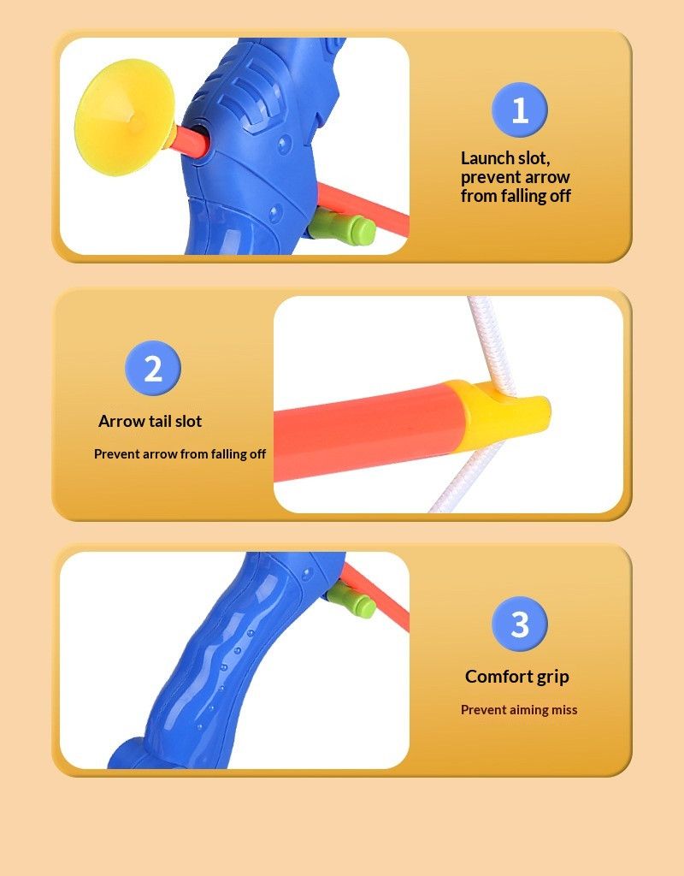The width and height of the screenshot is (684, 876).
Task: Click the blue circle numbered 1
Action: (x=519, y=110)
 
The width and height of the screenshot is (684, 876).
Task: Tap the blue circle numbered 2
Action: (x=153, y=369)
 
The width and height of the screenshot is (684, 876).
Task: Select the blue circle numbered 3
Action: (x=519, y=624)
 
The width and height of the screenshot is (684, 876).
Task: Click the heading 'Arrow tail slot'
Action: (x=150, y=421)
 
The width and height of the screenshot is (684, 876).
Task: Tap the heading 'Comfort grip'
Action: (x=516, y=677)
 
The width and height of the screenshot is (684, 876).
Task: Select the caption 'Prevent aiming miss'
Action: (x=519, y=710)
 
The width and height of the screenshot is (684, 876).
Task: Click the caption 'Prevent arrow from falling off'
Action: (x=180, y=454)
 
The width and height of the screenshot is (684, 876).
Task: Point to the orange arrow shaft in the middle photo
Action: (x=368, y=424)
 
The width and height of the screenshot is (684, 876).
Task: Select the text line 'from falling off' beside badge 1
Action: (x=516, y=196)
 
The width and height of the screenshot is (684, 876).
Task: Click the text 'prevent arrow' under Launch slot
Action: (x=516, y=177)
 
